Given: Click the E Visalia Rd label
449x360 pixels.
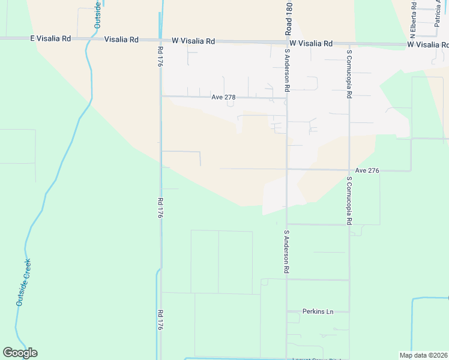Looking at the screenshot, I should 50,38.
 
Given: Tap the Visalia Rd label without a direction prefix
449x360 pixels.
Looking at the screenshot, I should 121,40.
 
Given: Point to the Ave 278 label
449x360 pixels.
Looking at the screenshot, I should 223,97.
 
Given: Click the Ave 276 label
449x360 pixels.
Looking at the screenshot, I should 367,170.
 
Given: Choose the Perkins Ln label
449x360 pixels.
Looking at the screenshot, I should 318,311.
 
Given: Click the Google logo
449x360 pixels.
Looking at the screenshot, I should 20,353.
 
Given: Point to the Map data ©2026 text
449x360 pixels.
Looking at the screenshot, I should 424,355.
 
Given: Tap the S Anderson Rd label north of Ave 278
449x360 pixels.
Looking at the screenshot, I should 288,70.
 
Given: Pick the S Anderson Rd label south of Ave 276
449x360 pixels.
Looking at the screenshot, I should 287,252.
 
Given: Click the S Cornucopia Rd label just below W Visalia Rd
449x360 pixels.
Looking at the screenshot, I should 349,74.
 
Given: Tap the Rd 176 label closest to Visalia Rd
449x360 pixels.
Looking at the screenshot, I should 160,60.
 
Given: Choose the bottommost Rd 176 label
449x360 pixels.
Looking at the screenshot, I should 160,319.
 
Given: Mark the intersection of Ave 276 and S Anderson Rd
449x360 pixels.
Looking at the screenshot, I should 287,170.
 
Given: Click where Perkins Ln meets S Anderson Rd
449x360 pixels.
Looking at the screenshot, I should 287,311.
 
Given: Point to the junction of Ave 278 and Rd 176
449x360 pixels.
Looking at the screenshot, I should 161,96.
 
